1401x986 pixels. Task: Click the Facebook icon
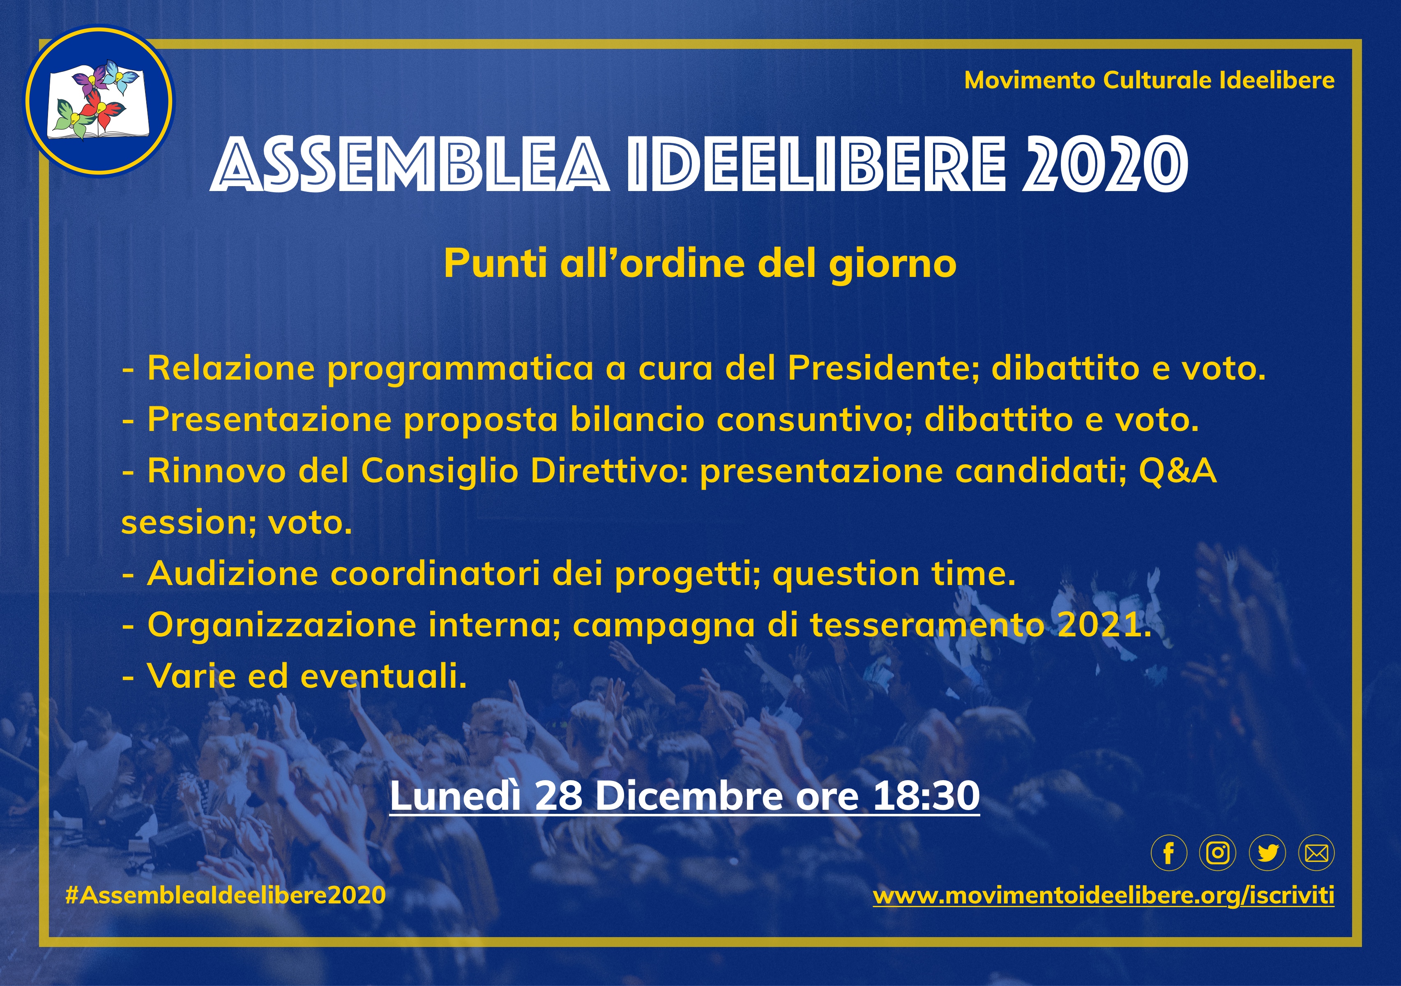(x=1168, y=852)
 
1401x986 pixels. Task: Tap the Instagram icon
(x=1218, y=852)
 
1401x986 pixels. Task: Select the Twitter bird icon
(x=1267, y=852)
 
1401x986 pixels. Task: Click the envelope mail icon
(x=1316, y=852)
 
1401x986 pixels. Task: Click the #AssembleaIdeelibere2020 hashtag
(x=225, y=895)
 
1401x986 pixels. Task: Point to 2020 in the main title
(x=1105, y=164)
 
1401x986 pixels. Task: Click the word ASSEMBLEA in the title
(x=410, y=164)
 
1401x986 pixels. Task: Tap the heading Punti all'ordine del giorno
(x=700, y=264)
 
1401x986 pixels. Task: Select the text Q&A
(x=1177, y=472)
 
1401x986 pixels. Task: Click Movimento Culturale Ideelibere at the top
(x=1150, y=80)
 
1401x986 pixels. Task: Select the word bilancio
(x=637, y=420)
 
